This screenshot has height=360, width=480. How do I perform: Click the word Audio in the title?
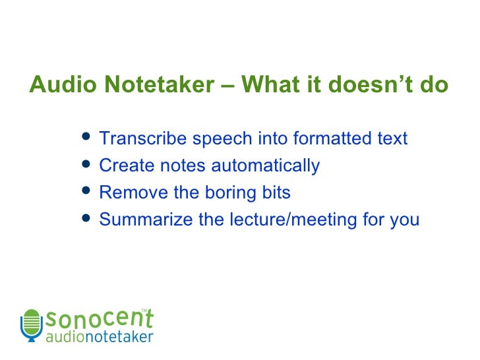tap(57, 86)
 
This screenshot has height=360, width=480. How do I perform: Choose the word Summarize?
tap(146, 220)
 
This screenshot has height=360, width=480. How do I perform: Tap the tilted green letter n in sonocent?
tap(133, 319)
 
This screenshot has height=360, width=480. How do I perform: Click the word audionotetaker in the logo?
tap(99, 337)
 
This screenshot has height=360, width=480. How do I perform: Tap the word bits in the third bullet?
tap(277, 193)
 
